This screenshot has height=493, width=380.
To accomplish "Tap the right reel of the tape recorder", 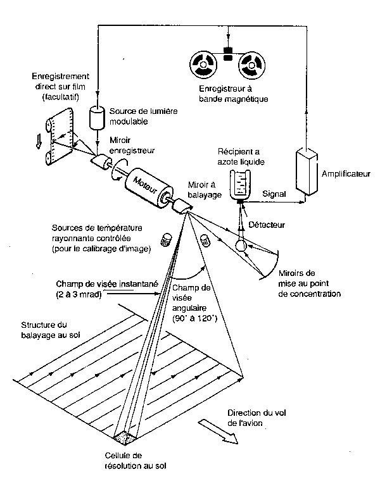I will click(x=252, y=65).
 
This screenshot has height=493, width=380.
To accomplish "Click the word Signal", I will click(x=274, y=194).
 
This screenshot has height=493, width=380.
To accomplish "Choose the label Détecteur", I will click(x=267, y=225).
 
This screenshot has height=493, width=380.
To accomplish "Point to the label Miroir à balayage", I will click(x=205, y=189).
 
